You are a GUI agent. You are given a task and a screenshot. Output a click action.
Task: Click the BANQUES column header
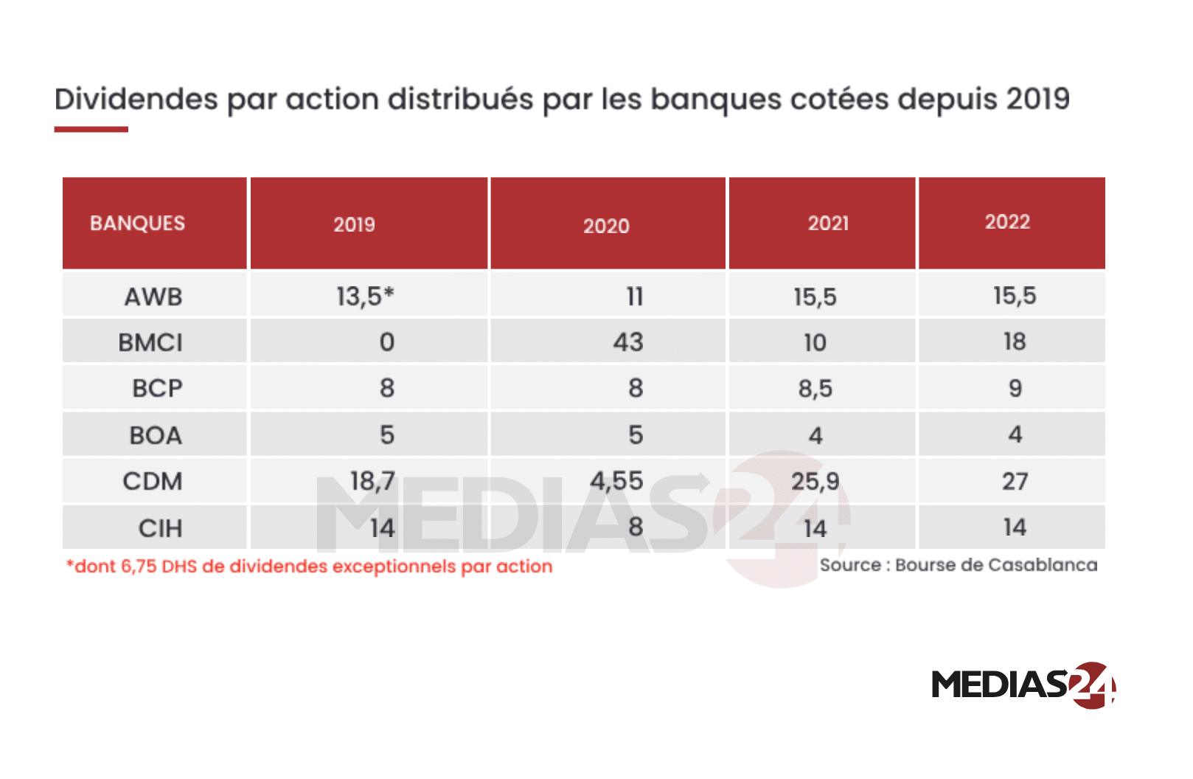137,223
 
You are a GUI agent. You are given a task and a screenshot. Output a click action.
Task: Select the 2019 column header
354,224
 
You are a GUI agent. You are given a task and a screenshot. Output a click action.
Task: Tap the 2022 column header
1007,222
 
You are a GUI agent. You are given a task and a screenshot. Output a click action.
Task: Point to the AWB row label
153,297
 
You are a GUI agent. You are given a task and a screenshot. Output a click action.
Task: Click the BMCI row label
150,342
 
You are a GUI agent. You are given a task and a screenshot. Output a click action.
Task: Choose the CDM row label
152,481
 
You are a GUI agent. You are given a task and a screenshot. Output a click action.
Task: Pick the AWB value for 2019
365,296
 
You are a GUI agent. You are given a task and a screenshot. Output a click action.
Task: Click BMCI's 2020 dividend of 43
628,342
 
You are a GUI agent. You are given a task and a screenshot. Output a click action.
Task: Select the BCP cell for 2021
815,389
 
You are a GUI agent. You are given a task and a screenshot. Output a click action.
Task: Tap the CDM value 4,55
616,481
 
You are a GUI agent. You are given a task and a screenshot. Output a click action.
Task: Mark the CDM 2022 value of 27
1015,481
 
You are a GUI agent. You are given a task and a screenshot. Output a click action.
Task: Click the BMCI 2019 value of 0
387,342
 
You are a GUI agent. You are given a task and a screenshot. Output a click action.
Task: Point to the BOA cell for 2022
1015,434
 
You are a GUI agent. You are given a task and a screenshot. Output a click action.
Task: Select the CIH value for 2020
635,527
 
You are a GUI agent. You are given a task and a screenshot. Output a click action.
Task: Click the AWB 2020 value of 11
635,297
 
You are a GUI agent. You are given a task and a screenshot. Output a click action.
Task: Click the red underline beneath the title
91,129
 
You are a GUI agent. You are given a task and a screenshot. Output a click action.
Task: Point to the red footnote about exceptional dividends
310,567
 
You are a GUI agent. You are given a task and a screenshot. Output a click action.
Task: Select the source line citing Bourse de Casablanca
959,565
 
